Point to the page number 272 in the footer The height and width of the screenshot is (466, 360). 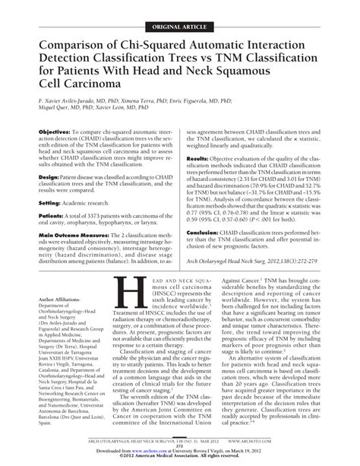coord(180,446)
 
